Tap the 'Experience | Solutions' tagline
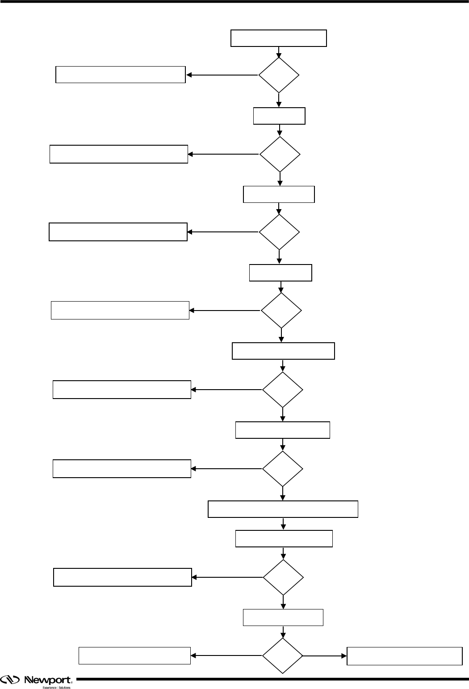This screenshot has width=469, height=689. point(56,687)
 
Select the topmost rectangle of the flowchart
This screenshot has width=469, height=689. point(278,38)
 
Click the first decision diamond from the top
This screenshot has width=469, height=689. point(279,75)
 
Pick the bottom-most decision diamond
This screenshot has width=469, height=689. point(282,656)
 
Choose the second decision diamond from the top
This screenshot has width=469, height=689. point(280,154)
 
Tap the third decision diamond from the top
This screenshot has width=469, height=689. point(279,232)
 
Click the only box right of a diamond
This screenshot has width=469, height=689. point(404,656)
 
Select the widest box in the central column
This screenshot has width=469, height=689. point(283,509)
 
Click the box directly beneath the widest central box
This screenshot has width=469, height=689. point(284,538)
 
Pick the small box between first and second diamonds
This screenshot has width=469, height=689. point(279,116)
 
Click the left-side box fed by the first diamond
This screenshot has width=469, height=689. point(120,75)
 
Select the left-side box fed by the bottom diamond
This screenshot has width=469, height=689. point(134,655)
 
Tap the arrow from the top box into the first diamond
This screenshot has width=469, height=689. point(279,52)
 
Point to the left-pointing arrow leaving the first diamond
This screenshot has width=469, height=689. point(222,75)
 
